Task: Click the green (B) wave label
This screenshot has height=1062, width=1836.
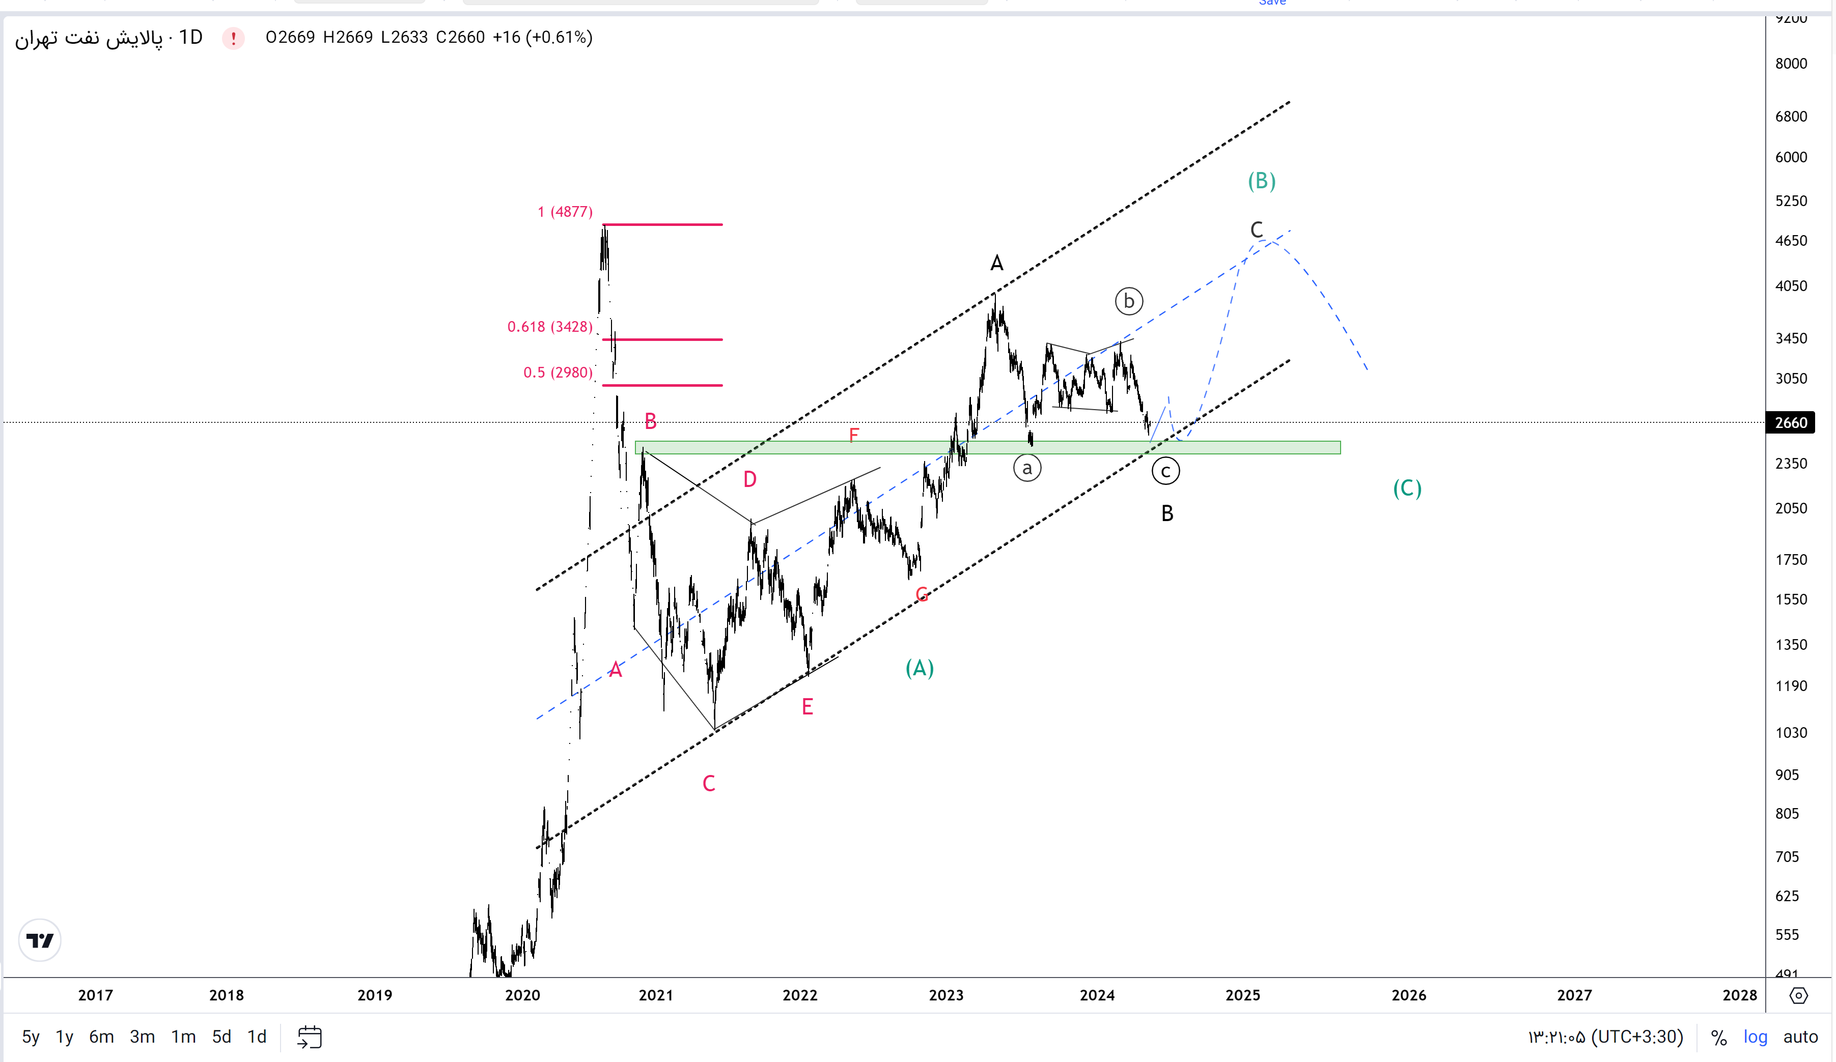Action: click(x=1261, y=181)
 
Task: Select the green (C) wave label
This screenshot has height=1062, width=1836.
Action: click(x=1407, y=488)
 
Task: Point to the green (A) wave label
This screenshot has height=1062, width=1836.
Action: click(x=920, y=668)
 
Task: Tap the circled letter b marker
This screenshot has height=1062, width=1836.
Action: click(x=1129, y=301)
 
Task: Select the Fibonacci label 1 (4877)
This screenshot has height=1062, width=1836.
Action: click(x=565, y=212)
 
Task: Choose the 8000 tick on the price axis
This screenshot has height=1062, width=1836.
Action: click(x=1791, y=64)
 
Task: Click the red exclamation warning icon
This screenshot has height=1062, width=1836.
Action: click(x=233, y=38)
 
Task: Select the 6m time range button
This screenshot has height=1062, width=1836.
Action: click(x=101, y=1037)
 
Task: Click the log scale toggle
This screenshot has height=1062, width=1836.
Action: click(x=1755, y=1037)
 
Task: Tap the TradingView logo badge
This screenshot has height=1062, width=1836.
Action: click(x=40, y=940)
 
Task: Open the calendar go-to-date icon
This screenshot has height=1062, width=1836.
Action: click(x=310, y=1037)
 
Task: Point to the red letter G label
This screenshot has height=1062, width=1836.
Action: click(x=922, y=595)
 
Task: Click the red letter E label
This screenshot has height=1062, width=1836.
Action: click(x=807, y=706)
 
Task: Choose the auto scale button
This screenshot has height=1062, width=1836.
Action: click(x=1800, y=1037)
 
